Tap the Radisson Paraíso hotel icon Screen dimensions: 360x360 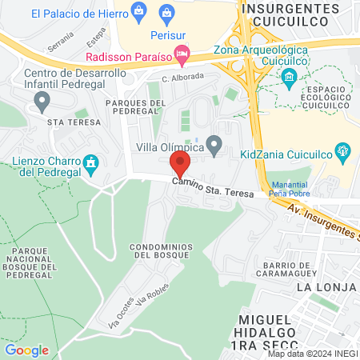(182, 56)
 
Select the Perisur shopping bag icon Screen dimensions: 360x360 (167, 11)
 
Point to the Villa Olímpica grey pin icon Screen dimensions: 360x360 (214, 145)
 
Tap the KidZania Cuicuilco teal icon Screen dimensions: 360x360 (342, 149)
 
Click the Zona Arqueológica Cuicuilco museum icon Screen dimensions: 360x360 (290, 76)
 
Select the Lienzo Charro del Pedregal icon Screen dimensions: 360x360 (91, 164)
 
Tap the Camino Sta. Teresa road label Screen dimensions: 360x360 (215, 189)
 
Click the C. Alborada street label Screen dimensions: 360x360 (182, 78)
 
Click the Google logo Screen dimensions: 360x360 (27, 350)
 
